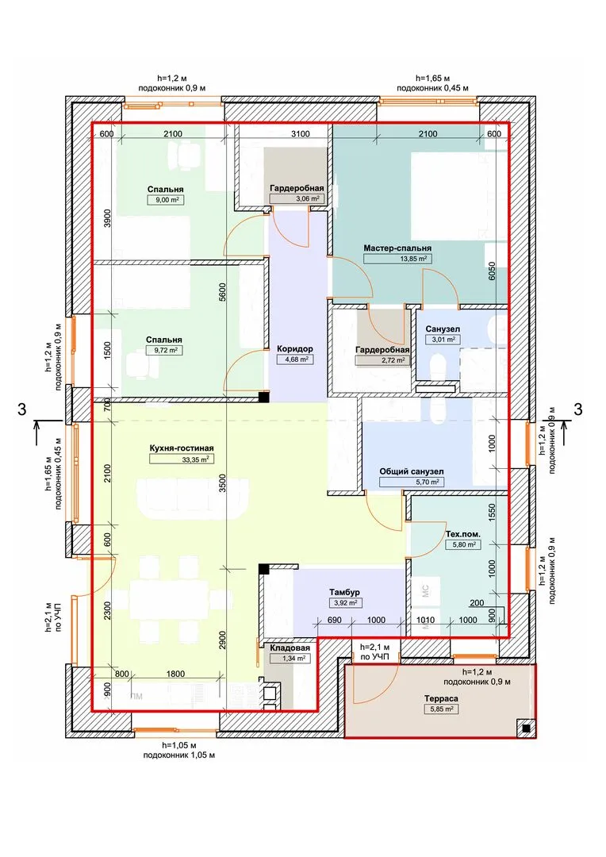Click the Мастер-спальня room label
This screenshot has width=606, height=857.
point(397,248)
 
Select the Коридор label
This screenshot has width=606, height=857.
point(294,348)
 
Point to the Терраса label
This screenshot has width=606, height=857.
point(441,698)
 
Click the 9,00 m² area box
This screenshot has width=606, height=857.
point(165,200)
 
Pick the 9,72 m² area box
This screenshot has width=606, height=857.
point(164,351)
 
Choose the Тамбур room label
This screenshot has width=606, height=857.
point(344,593)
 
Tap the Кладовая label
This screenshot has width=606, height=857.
point(290,648)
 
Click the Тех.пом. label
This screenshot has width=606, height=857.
point(463,534)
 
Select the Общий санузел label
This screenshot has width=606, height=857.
point(412,471)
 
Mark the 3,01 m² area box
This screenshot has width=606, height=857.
point(443,340)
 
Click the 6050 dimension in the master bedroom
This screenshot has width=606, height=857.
point(492,271)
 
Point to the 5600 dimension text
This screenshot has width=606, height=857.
point(221,294)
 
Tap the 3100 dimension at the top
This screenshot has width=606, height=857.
point(300,134)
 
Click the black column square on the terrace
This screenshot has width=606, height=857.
point(525,728)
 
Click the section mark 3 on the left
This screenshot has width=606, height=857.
point(22,409)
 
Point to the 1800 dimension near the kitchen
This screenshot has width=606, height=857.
point(175,674)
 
